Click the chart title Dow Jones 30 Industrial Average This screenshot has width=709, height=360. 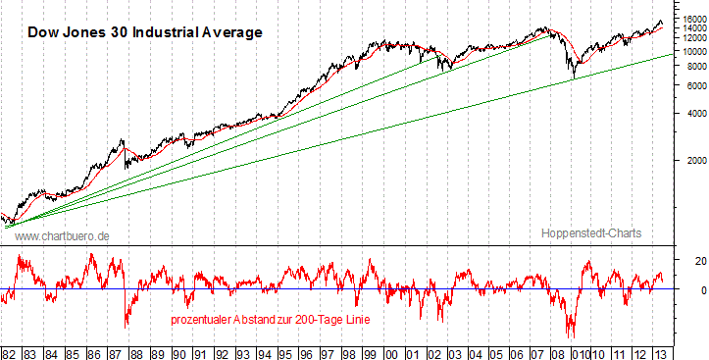point(144,32)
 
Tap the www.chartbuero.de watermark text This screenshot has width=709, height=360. point(62,235)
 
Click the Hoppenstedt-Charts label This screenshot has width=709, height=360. point(590,233)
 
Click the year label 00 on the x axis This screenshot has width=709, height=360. point(390,351)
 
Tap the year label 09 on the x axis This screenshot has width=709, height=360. point(559,351)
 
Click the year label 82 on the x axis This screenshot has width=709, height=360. point(10,351)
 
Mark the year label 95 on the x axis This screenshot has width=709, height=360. point(284,351)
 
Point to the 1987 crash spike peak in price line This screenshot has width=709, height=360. point(122,141)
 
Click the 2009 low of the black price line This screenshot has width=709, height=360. point(573,77)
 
